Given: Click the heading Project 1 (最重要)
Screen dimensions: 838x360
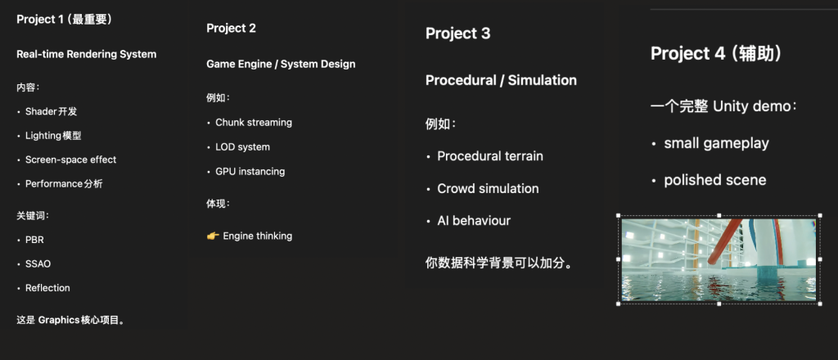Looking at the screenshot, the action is click(x=64, y=20).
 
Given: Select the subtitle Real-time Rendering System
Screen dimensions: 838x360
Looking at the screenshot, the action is click(x=87, y=54).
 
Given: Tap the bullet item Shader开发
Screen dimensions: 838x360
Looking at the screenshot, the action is click(x=52, y=111).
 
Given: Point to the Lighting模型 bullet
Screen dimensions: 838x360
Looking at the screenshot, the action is click(x=53, y=136).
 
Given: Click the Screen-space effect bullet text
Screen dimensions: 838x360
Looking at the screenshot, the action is click(x=70, y=160).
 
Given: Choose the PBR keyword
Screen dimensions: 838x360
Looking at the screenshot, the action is click(x=34, y=240).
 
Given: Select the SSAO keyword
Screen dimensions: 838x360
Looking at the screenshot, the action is click(x=38, y=263).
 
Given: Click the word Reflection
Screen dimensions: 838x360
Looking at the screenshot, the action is click(x=47, y=288).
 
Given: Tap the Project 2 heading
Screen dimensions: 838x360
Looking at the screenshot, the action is click(x=232, y=29).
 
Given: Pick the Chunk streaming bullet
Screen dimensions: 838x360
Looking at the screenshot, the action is click(x=254, y=122).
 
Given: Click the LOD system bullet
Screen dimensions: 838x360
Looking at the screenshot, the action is click(x=242, y=147).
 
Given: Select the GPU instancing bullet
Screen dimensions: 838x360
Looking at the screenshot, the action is click(x=250, y=172).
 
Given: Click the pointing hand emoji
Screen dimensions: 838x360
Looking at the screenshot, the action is click(x=213, y=236).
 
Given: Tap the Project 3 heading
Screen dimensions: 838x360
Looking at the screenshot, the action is click(x=458, y=34).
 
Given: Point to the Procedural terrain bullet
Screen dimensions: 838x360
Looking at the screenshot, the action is click(x=490, y=156).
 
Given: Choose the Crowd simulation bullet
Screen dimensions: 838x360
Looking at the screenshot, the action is click(x=488, y=188).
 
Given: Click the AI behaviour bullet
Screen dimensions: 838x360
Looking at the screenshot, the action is click(x=474, y=221).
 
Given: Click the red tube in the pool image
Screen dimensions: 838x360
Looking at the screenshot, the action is click(x=725, y=241).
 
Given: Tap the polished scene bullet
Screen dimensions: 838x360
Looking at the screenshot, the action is click(x=715, y=180).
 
